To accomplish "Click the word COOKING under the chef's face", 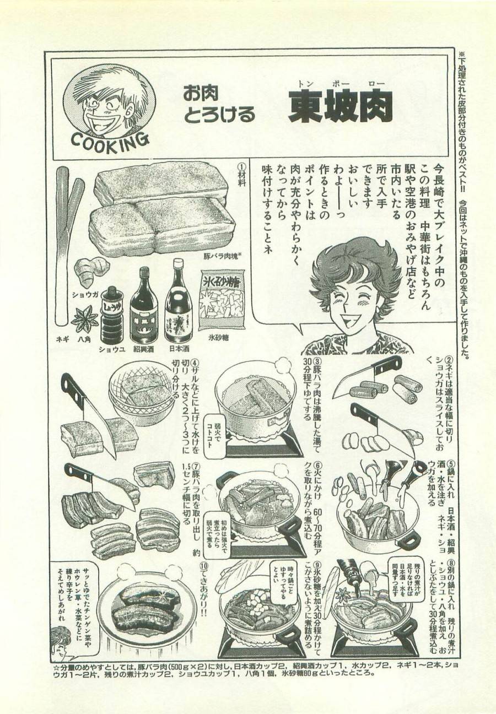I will [110, 139].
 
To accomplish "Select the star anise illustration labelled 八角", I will [85, 318].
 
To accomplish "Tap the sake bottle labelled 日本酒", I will [177, 300].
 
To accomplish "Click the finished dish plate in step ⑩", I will [146, 607].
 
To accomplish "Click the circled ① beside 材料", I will [240, 166].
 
